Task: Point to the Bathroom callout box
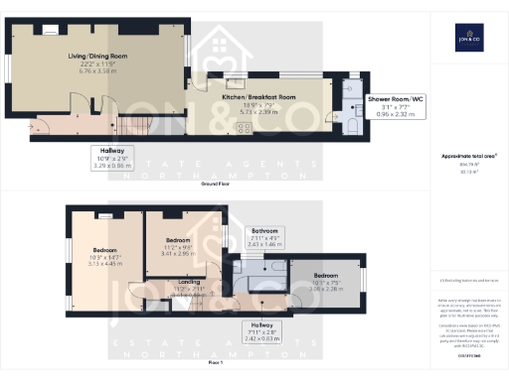point(265,238)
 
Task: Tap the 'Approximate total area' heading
point(467,156)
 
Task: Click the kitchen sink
point(235,84)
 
